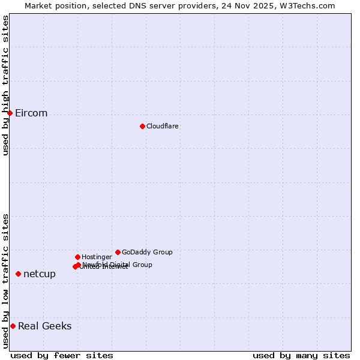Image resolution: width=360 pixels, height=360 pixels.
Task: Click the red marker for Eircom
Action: tap(10, 113)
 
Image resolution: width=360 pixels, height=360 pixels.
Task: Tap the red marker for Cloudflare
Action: tap(142, 126)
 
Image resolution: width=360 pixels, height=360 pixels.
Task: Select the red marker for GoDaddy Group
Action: tap(118, 252)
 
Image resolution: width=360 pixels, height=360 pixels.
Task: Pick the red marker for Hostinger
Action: tap(77, 257)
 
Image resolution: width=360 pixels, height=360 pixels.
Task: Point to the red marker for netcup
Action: tap(18, 274)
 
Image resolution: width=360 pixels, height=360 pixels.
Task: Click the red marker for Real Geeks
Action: tap(13, 326)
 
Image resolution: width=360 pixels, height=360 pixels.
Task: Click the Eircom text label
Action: tap(31, 113)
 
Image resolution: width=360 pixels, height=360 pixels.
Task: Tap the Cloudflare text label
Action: tap(162, 127)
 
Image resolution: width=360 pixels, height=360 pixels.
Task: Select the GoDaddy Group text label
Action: tap(147, 253)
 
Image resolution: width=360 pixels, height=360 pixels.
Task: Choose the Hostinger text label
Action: tap(97, 257)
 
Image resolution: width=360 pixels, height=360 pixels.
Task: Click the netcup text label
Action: tap(40, 274)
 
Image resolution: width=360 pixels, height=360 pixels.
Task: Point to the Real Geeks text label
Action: tap(45, 326)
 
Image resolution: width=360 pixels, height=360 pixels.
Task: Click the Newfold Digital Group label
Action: tap(118, 265)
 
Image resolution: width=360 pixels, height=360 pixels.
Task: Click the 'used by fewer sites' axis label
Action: tap(62, 355)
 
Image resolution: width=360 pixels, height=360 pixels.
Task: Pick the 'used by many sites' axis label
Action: tap(301, 355)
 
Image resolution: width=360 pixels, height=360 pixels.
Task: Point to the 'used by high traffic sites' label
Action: tap(5, 85)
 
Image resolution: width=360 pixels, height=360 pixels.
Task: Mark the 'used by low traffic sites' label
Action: tap(5, 281)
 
